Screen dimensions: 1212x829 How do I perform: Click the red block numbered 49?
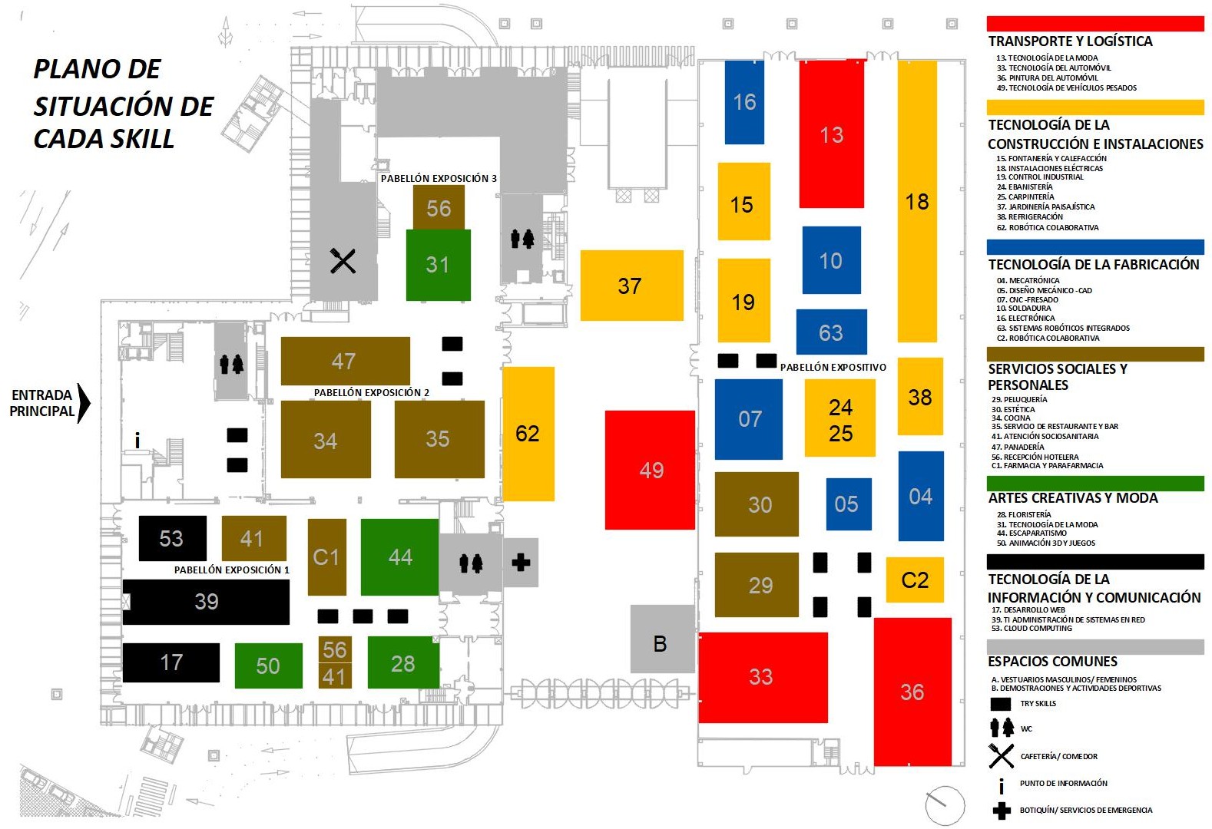[650, 470]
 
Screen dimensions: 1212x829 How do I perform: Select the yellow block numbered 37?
[631, 285]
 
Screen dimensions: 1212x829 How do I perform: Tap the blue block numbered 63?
[831, 332]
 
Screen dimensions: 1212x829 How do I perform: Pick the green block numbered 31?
[439, 265]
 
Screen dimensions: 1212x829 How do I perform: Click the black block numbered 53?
[173, 538]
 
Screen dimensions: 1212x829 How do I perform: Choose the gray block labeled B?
[662, 639]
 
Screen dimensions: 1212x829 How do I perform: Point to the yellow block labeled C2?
[915, 580]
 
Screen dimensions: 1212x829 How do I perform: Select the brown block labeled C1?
[326, 557]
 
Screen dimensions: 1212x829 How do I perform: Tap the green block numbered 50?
[268, 666]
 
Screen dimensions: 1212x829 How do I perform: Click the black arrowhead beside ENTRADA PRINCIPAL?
[83, 403]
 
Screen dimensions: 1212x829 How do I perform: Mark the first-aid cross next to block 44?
[521, 563]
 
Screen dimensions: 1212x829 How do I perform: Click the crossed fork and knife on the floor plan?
[343, 261]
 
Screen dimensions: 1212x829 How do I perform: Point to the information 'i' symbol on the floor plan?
[137, 440]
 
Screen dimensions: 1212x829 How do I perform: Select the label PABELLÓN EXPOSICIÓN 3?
[439, 178]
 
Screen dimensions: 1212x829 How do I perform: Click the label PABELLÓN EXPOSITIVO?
[833, 367]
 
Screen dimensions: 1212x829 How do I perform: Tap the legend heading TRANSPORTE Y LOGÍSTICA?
[1070, 41]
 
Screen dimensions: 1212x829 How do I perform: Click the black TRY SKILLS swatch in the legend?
[1001, 704]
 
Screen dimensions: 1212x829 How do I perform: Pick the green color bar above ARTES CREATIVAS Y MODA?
[1095, 483]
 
